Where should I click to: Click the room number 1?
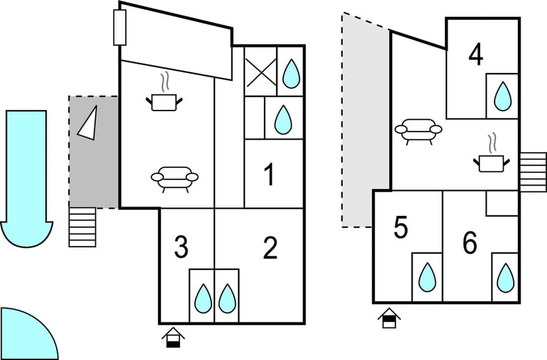pyautogui.click(x=269, y=175)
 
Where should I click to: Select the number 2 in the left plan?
pyautogui.click(x=270, y=248)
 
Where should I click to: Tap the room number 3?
pyautogui.click(x=181, y=248)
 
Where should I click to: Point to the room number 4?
pyautogui.click(x=476, y=55)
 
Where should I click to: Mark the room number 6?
pyautogui.click(x=470, y=244)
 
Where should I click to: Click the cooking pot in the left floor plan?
pyautogui.click(x=165, y=101)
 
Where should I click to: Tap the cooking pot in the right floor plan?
pyautogui.click(x=491, y=162)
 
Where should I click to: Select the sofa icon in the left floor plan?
pyautogui.click(x=174, y=178)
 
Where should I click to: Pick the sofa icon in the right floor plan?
pyautogui.click(x=418, y=130)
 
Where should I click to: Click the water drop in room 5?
pyautogui.click(x=427, y=277)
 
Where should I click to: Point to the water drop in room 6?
pyautogui.click(x=505, y=277)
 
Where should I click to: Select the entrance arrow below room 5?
pyautogui.click(x=389, y=318)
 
